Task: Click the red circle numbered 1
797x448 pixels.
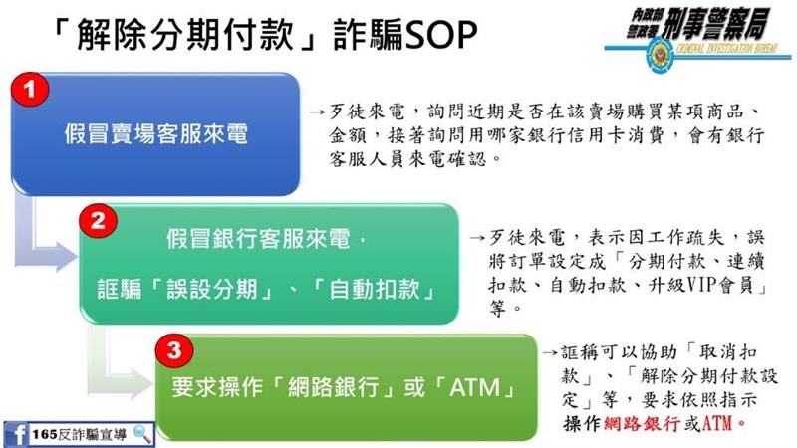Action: tap(30, 90)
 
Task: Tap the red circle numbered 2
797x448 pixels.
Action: tap(98, 221)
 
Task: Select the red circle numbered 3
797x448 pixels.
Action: tap(173, 350)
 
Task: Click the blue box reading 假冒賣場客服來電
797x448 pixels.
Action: tap(155, 134)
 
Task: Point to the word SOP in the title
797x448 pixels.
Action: tap(440, 35)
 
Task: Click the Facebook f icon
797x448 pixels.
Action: tap(16, 435)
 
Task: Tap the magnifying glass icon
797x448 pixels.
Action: tap(141, 434)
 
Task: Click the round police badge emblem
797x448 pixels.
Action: tap(660, 55)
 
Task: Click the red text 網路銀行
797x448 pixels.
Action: tap(643, 424)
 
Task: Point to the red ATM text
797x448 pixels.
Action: tap(716, 424)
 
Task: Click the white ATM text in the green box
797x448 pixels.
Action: tap(475, 388)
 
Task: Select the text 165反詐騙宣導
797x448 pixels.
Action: tap(80, 435)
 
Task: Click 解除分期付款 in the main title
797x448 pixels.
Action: tap(185, 35)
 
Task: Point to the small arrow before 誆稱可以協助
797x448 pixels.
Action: tap(550, 352)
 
